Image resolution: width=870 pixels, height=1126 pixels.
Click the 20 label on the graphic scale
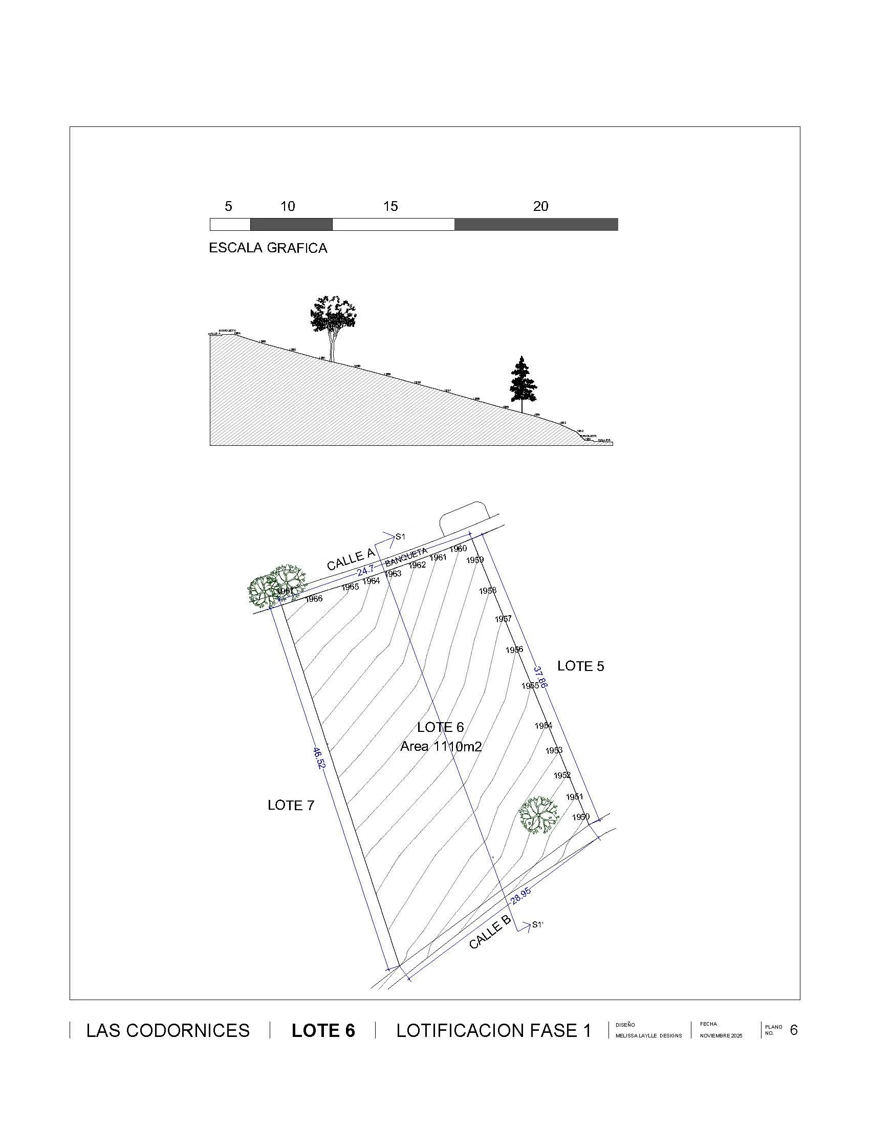pyautogui.click(x=540, y=206)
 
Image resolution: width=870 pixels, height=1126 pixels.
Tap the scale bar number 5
pyautogui.click(x=228, y=206)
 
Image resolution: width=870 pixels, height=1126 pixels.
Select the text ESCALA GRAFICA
pyautogui.click(x=268, y=248)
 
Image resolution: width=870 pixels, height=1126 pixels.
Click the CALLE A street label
pyautogui.click(x=351, y=559)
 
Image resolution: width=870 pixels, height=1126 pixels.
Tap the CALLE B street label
pyautogui.click(x=490, y=933)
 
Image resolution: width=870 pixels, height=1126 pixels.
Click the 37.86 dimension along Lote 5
pyautogui.click(x=540, y=677)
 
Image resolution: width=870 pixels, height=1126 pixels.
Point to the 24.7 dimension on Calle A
pyautogui.click(x=365, y=571)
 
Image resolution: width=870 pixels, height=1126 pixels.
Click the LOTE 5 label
pyautogui.click(x=580, y=666)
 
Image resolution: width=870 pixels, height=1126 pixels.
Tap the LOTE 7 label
pyautogui.click(x=291, y=805)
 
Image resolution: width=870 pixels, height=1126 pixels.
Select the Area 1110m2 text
pyautogui.click(x=441, y=746)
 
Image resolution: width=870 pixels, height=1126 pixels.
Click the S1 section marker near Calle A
pyautogui.click(x=400, y=537)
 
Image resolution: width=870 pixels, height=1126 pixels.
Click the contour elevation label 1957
pyautogui.click(x=503, y=619)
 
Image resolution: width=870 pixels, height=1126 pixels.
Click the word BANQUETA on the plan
pyautogui.click(x=406, y=557)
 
